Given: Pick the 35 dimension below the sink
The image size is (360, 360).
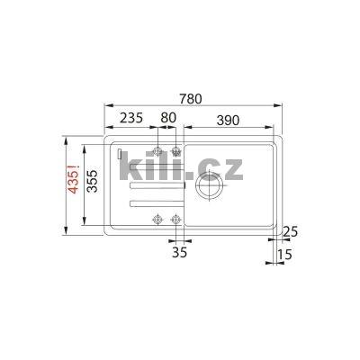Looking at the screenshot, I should click(178, 254).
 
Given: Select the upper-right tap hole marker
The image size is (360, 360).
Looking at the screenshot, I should click(176, 150).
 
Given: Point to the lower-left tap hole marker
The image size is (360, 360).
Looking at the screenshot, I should click(158, 217).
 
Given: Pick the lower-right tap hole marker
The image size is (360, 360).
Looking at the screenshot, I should click(176, 217).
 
